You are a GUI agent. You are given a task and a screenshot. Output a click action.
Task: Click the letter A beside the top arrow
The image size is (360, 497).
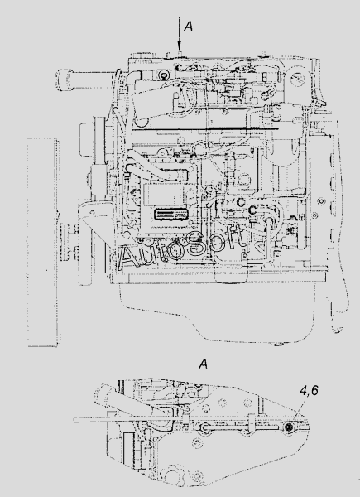pyautogui.click(x=188, y=27)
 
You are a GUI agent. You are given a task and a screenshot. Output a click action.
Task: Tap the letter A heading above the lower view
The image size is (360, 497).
pyautogui.click(x=204, y=364)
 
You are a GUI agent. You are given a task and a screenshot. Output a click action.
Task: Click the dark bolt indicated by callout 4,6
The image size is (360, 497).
pyautogui.click(x=289, y=427)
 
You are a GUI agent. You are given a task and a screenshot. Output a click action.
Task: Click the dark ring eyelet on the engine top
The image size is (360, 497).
pyautogui.click(x=165, y=75)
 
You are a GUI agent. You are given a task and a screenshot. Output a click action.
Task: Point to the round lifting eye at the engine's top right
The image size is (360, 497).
pyautogui.click(x=297, y=76)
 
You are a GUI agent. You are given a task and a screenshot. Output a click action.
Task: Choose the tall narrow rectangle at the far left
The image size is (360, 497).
pyautogui.click(x=43, y=242)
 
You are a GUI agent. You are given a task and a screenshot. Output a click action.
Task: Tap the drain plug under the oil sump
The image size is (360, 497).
pyautogui.click(x=279, y=344)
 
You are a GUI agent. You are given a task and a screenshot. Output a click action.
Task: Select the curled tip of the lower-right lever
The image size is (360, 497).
pyautogui.click(x=336, y=330)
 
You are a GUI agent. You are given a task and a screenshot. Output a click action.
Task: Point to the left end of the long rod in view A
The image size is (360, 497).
pyautogui.click(x=74, y=420)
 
